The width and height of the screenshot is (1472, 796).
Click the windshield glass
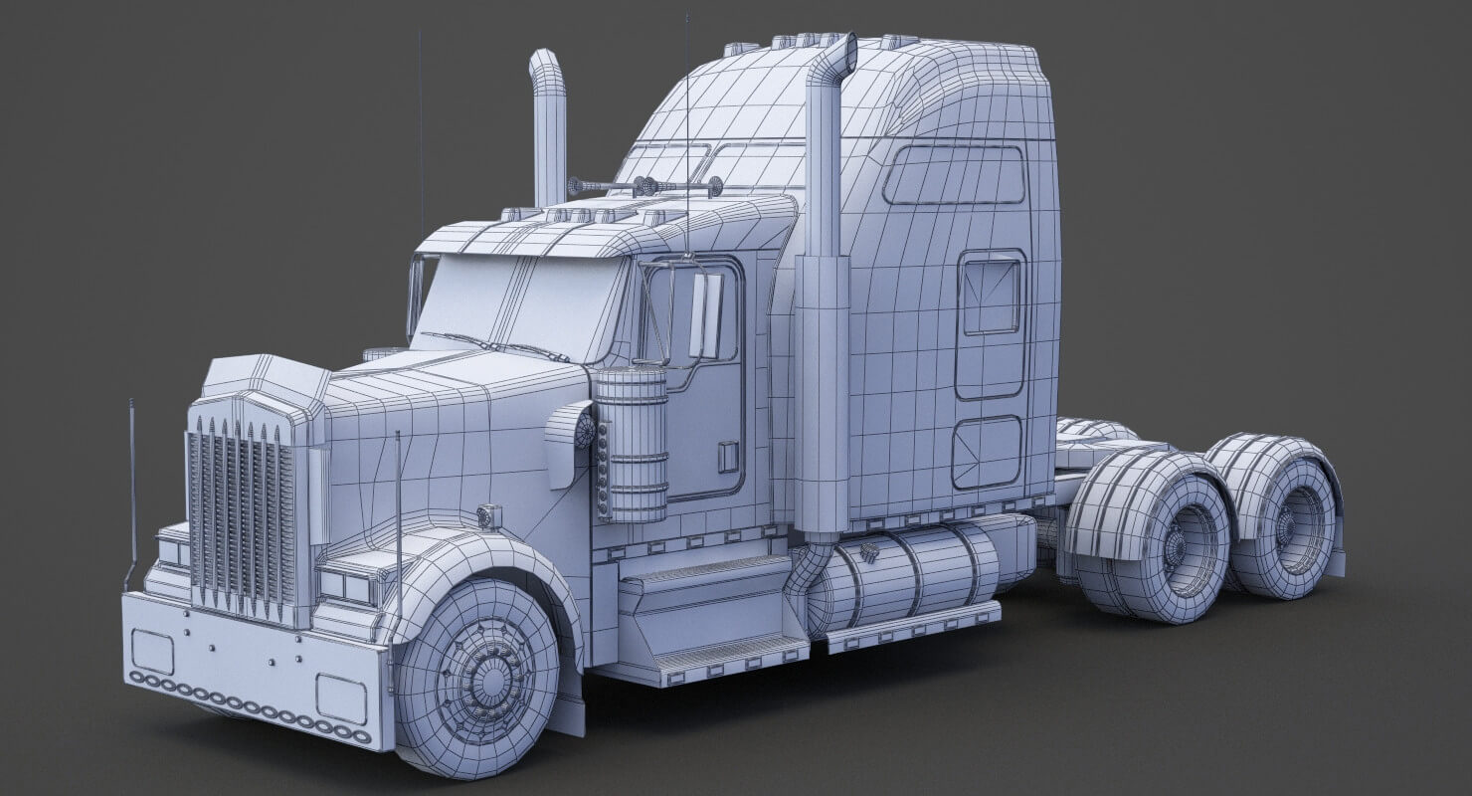tap(522, 303)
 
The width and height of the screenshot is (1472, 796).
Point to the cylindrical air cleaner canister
tap(631, 444)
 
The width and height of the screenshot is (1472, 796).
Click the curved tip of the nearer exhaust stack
tap(838, 55)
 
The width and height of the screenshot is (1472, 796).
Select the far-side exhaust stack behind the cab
tap(548, 129)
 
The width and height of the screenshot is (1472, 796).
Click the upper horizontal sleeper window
tap(954, 175)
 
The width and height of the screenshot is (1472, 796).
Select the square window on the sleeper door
tap(991, 297)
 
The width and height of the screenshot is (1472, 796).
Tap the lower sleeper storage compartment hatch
tap(987, 452)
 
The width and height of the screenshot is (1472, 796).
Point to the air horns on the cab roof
tap(644, 186)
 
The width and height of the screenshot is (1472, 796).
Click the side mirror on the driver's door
tap(706, 315)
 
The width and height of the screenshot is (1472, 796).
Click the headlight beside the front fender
tap(346, 587)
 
